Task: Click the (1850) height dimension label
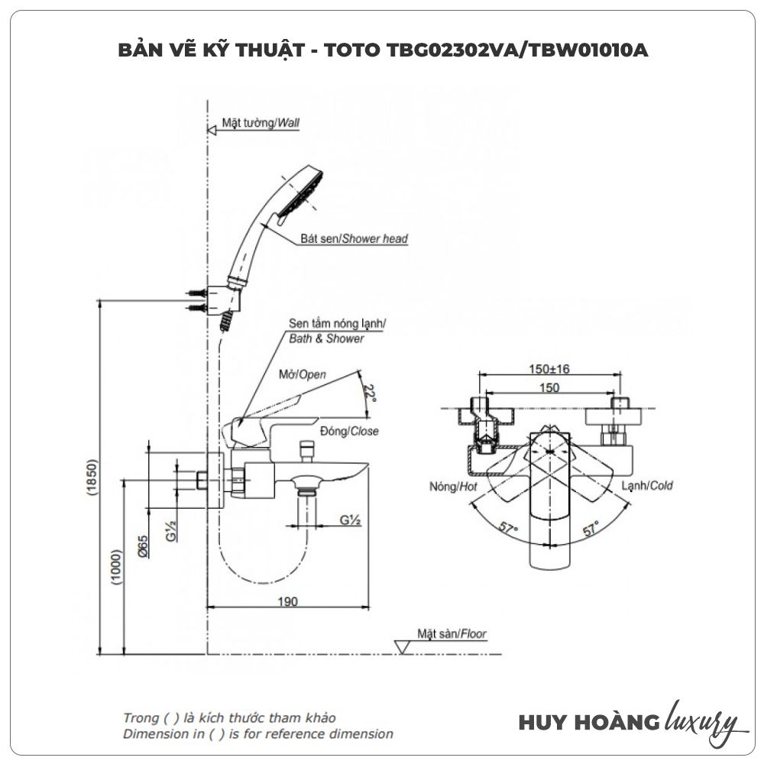pyautogui.click(x=92, y=478)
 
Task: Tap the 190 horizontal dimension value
pyautogui.click(x=287, y=601)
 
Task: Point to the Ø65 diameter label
pyautogui.click(x=143, y=545)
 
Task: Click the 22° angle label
pyautogui.click(x=371, y=393)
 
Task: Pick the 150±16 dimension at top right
pyautogui.click(x=549, y=369)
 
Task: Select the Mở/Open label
pyautogui.click(x=301, y=374)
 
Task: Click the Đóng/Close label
pyautogui.click(x=350, y=432)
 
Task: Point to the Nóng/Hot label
pyautogui.click(x=454, y=486)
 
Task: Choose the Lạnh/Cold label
pyautogui.click(x=647, y=486)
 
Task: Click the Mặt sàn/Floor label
pyautogui.click(x=452, y=633)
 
